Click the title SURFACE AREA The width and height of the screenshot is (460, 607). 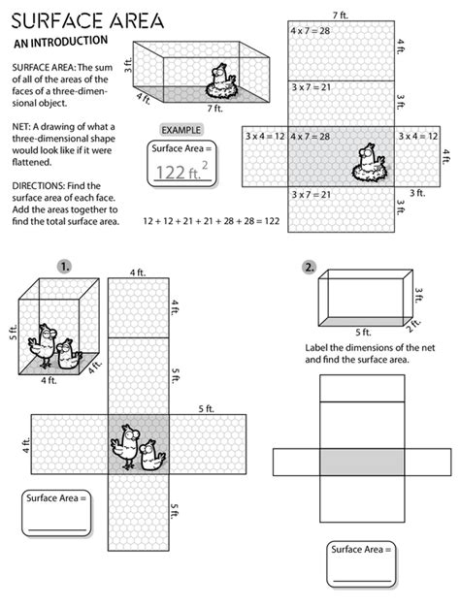[88, 20]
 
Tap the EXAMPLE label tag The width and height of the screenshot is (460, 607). [184, 129]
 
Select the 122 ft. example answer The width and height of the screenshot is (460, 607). [184, 173]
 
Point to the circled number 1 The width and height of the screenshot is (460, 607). [65, 265]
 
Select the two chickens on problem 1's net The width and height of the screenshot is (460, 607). [137, 447]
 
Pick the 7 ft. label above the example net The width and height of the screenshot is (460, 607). [340, 15]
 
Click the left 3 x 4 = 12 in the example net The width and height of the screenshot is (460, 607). [264, 136]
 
